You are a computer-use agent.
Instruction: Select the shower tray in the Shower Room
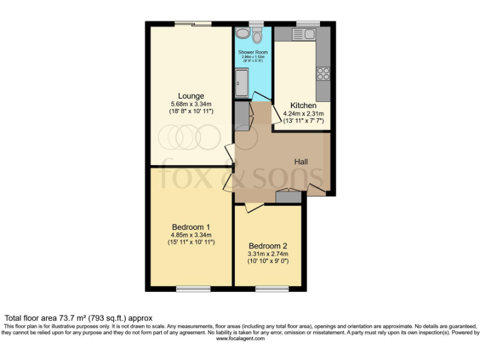(x=241, y=82)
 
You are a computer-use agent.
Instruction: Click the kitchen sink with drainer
(x=306, y=32)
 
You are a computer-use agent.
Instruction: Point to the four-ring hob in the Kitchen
(x=323, y=74)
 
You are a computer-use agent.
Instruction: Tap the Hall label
(x=301, y=161)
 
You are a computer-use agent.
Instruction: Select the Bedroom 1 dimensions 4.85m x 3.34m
(x=191, y=235)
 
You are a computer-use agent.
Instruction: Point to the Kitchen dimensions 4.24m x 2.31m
(x=303, y=114)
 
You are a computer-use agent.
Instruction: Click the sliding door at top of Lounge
(x=192, y=24)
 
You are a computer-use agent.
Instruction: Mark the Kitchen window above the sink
(x=307, y=24)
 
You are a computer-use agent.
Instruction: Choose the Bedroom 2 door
(x=253, y=207)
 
